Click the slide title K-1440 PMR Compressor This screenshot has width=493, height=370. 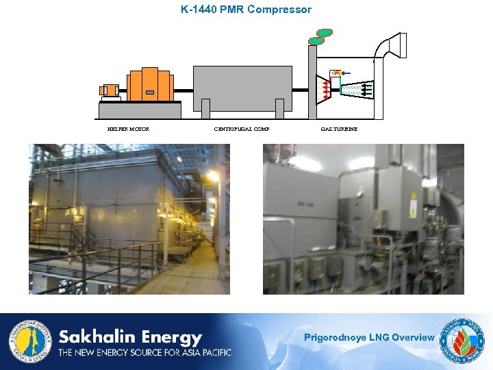(x=246, y=10)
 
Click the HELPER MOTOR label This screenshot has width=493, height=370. (x=128, y=129)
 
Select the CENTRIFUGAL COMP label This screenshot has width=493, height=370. (x=242, y=129)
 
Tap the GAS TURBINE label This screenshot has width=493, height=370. (x=339, y=129)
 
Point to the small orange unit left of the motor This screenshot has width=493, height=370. (x=109, y=90)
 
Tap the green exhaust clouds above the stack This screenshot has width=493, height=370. (x=320, y=36)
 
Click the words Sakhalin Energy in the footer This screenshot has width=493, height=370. (x=130, y=337)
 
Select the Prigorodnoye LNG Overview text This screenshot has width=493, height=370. (x=368, y=337)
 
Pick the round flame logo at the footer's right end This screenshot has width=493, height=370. (x=464, y=341)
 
